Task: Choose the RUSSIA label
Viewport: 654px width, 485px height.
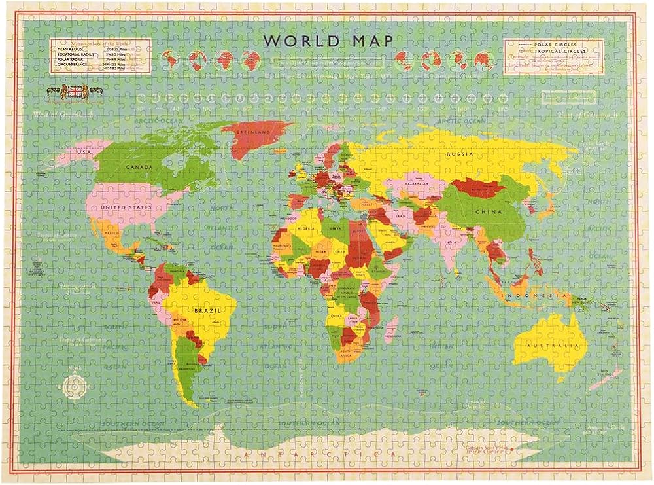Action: pyautogui.click(x=458, y=154)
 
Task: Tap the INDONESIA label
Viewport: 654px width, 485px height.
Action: pyautogui.click(x=522, y=295)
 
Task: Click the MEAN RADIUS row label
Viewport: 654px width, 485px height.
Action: pyautogui.click(x=67, y=48)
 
